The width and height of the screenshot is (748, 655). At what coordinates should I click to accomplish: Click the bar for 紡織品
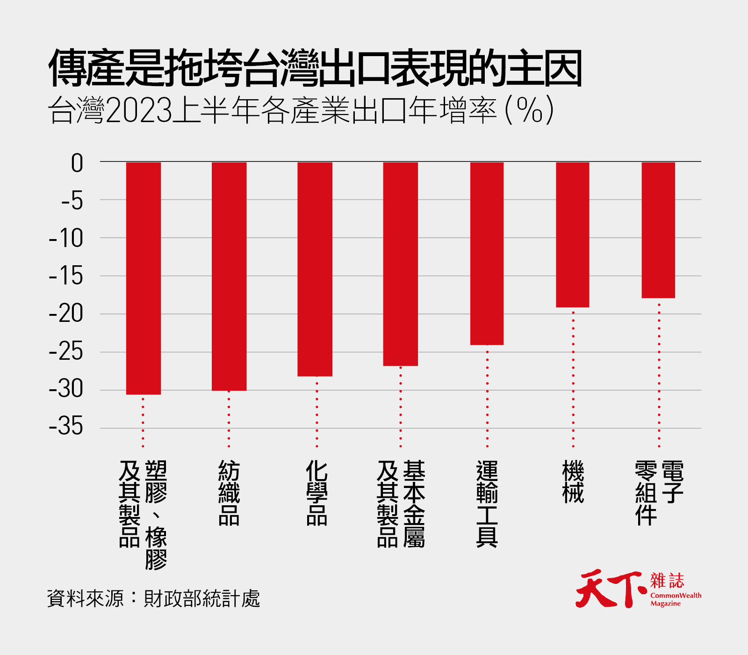229,276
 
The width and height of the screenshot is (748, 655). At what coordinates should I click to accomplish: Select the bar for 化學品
315,269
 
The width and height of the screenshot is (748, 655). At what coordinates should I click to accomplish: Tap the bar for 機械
572,234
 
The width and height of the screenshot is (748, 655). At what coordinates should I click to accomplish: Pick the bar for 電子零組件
658,230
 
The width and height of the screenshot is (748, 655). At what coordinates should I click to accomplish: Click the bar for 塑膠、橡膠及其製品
144,278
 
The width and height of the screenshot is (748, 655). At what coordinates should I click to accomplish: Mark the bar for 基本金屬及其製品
400,264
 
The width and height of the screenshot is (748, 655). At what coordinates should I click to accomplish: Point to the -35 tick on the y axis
66,427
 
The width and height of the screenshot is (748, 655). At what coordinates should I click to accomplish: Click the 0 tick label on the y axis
77,163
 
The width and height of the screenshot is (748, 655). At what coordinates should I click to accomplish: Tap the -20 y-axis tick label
66,313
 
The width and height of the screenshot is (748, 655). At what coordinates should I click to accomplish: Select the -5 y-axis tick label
72,201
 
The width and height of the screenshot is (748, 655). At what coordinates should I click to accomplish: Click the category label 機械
573,482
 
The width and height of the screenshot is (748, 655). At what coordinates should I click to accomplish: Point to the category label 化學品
316,493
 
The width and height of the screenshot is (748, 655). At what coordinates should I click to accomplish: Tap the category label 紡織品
229,493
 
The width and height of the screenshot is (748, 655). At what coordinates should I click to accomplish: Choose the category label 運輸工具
487,504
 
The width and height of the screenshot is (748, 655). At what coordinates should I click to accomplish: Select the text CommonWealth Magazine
676,599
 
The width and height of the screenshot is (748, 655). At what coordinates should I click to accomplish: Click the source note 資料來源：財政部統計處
153,598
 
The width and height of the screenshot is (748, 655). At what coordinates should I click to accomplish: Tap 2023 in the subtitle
139,111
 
